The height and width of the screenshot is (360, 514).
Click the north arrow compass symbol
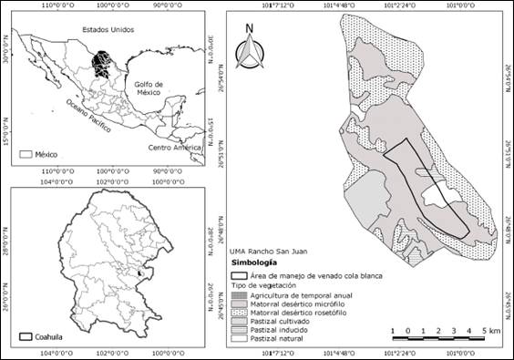tap(248, 50)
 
